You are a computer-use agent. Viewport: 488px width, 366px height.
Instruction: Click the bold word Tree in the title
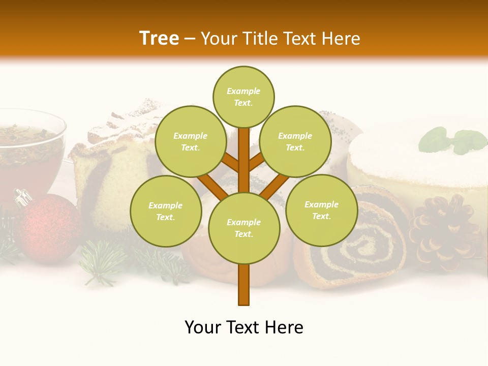(159, 38)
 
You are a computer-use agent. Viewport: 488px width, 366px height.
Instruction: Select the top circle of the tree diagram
(243, 97)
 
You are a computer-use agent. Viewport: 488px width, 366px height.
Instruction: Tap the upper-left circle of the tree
(190, 142)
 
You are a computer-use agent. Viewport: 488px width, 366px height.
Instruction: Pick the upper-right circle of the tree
(295, 141)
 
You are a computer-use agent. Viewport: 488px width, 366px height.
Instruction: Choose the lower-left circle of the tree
(166, 211)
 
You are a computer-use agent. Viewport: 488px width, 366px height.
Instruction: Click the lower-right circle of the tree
(321, 210)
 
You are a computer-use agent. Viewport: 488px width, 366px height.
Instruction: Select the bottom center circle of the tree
(244, 228)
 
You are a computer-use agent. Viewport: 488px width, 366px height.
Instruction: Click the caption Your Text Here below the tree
(244, 327)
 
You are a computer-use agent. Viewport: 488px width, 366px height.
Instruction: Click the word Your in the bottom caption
(203, 327)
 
